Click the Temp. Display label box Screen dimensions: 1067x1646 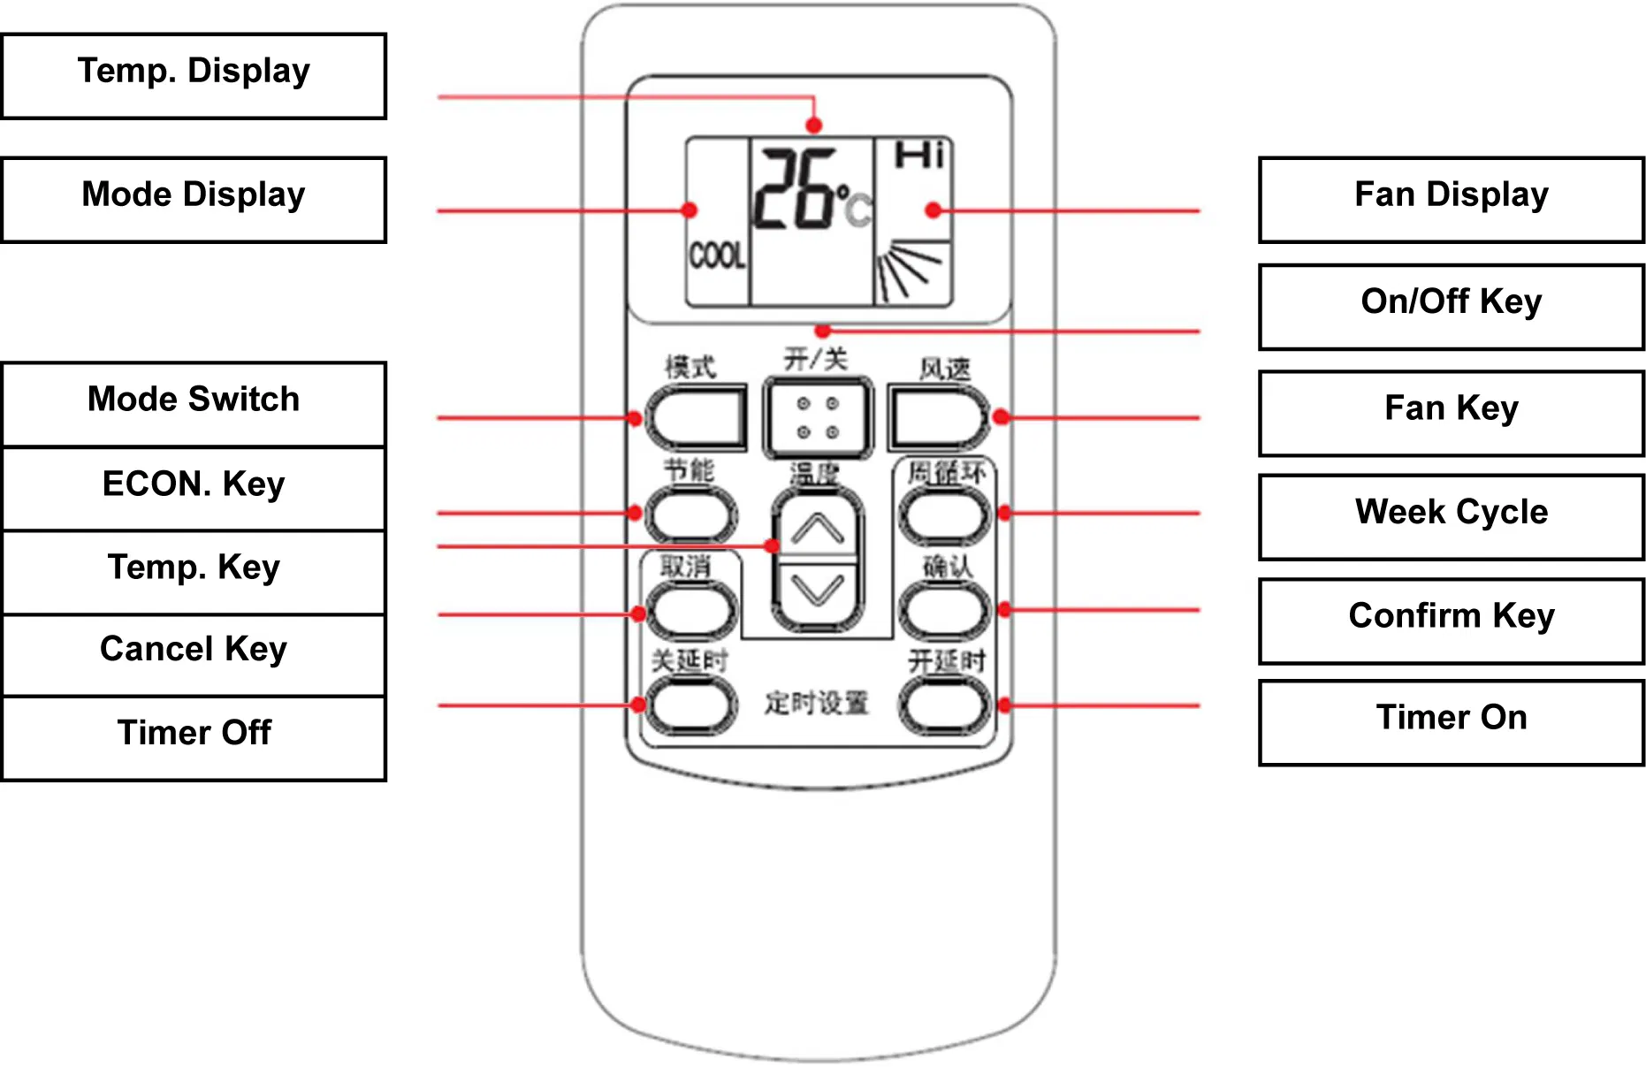click(x=194, y=75)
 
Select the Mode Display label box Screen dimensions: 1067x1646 click(x=194, y=199)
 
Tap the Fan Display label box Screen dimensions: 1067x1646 click(x=1451, y=199)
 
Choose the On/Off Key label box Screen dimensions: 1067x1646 click(x=1451, y=306)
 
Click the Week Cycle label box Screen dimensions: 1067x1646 click(x=1451, y=516)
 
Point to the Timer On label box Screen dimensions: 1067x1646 click(x=1451, y=721)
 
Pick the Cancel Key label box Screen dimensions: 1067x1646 click(x=194, y=653)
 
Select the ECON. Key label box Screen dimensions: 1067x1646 click(x=194, y=488)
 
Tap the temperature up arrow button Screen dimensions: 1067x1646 click(x=818, y=529)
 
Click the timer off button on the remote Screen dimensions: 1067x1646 click(x=691, y=705)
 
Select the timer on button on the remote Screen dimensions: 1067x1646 click(x=944, y=705)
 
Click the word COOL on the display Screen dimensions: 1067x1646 click(x=717, y=256)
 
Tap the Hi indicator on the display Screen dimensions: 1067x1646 click(x=919, y=156)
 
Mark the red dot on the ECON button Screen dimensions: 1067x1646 click(x=635, y=513)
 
